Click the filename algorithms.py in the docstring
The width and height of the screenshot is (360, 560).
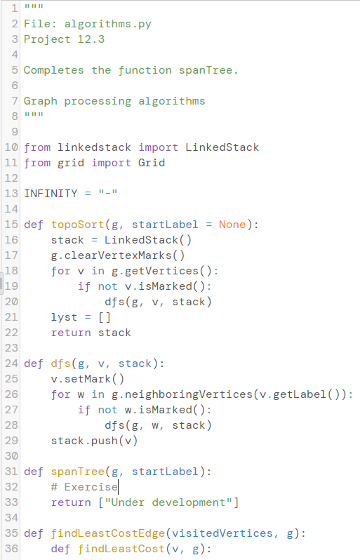pos(108,24)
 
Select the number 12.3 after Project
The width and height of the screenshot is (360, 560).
pos(91,39)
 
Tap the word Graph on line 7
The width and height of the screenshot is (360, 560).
pos(41,101)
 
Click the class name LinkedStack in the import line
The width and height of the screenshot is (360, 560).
pos(222,147)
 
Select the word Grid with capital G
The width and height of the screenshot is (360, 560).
pos(152,163)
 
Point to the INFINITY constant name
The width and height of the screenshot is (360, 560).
pos(51,194)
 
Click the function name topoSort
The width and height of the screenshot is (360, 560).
pos(77,225)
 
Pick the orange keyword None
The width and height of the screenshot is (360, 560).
pos(232,225)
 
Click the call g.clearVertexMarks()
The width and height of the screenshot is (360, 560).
pos(118,255)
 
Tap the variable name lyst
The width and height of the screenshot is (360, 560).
pos(64,317)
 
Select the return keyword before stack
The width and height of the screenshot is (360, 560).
pos(71,333)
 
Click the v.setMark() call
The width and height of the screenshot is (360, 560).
pos(88,379)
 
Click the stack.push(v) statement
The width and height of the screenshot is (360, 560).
pos(94,441)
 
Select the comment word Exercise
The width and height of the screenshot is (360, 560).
pos(91,487)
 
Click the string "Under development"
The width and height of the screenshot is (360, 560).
pos(168,502)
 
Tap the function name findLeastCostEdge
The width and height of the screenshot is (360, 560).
pos(108,533)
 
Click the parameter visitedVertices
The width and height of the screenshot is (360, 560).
pos(222,533)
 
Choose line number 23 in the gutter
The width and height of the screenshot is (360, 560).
pos(11,348)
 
